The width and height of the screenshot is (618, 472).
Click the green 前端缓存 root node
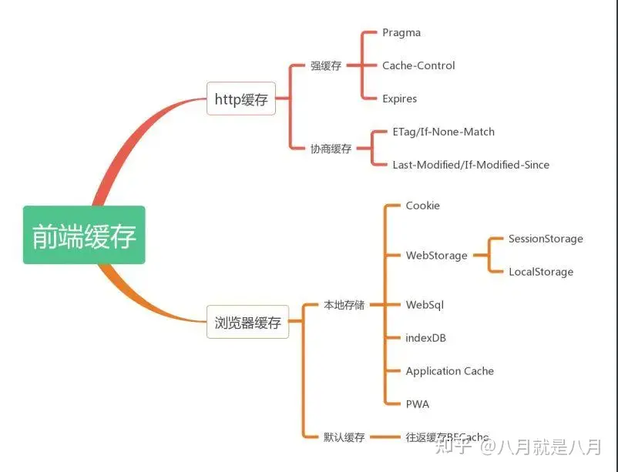tap(84, 235)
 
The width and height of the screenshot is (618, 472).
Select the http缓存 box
tap(240, 99)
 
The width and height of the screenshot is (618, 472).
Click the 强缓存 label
tap(326, 66)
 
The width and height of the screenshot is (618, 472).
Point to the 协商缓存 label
tap(331, 149)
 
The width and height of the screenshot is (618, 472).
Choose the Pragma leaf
tap(401, 33)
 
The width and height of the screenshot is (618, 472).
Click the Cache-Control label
tap(418, 65)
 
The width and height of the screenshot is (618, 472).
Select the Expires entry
tap(399, 99)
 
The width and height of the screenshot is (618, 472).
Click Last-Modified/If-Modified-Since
tap(471, 165)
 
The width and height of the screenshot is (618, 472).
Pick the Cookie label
tap(423, 206)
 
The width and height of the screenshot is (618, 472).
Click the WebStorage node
tap(436, 256)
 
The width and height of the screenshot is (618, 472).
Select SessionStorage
tap(546, 239)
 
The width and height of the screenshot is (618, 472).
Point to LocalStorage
tap(541, 272)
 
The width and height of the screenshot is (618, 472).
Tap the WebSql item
tap(425, 305)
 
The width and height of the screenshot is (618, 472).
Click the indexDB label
tap(426, 338)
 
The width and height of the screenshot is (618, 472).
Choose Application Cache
tap(450, 371)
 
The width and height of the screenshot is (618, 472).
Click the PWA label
tap(418, 404)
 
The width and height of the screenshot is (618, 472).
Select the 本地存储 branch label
tap(344, 305)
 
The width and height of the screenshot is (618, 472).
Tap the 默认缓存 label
tap(344, 437)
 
